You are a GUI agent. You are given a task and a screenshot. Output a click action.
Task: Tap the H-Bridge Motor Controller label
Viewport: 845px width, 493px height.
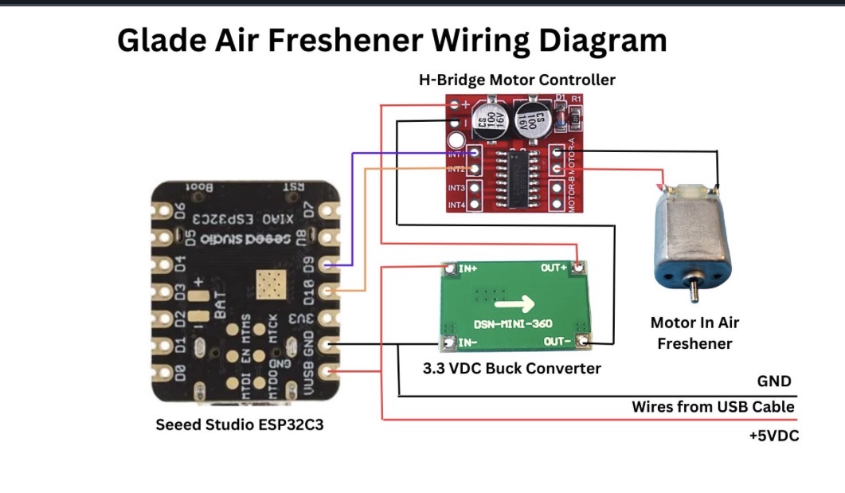[x=517, y=80]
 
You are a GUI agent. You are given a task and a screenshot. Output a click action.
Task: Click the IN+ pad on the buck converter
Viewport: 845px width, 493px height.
[x=449, y=268]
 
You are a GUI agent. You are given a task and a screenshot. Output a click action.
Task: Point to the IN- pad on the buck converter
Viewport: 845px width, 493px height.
[x=449, y=343]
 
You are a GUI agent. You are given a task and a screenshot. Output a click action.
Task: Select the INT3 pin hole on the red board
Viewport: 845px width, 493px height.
[x=475, y=189]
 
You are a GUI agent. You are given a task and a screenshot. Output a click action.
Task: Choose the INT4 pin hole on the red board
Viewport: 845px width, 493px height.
[x=475, y=205]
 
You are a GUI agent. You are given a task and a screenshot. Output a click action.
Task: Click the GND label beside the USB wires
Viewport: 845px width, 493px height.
[x=774, y=381]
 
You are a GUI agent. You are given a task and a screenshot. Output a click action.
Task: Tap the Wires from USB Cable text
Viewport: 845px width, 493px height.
[x=713, y=407]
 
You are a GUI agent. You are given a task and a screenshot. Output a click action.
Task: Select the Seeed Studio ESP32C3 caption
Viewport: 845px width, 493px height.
[x=239, y=425]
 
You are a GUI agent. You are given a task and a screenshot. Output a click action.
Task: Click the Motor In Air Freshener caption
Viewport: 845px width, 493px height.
[x=694, y=333]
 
